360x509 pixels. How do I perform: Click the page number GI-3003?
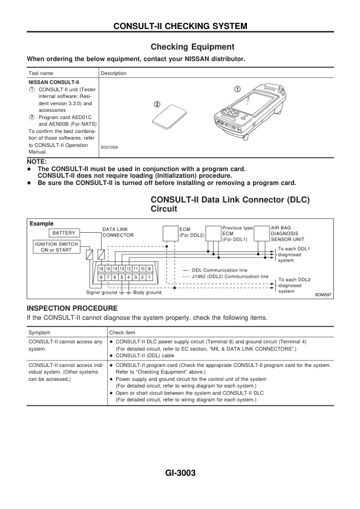pyautogui.click(x=180, y=473)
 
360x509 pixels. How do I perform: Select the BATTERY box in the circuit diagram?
pyautogui.click(x=64, y=233)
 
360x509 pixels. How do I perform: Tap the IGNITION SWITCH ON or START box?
pyautogui.click(x=56, y=247)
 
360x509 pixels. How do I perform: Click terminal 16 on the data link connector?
pyautogui.click(x=102, y=269)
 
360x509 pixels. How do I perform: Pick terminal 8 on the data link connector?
pyautogui.click(x=102, y=277)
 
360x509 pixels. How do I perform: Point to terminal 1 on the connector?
pyautogui.click(x=149, y=277)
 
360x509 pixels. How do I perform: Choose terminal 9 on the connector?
pyautogui.click(x=149, y=269)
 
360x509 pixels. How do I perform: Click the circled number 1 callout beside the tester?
pyautogui.click(x=238, y=89)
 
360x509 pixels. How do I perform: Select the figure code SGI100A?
pyautogui.click(x=109, y=148)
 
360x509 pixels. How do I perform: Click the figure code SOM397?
pyautogui.click(x=323, y=295)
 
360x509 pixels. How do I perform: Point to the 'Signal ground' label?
pyautogui.click(x=102, y=293)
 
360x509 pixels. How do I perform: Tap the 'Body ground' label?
pyautogui.click(x=147, y=293)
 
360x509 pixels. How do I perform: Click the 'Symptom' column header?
pyautogui.click(x=39, y=332)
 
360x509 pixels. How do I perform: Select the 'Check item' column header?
pyautogui.click(x=122, y=332)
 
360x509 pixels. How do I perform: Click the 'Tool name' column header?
pyautogui.click(x=41, y=73)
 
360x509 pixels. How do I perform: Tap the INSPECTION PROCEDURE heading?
pyautogui.click(x=72, y=308)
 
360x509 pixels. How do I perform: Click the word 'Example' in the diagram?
pyautogui.click(x=42, y=224)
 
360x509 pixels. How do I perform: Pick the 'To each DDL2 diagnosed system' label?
pyautogui.click(x=295, y=285)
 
